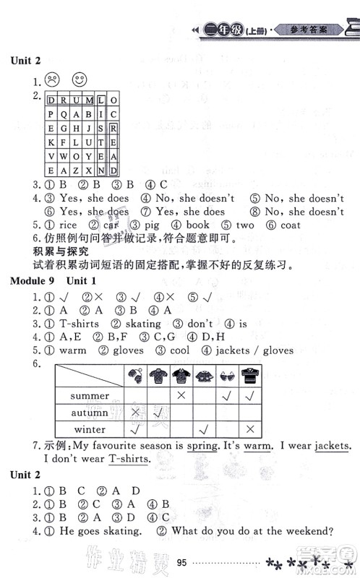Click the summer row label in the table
[x=90, y=396]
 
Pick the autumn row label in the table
[x=90, y=413]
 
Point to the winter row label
[x=90, y=429]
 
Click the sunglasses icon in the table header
[x=226, y=375]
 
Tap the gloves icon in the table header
[x=136, y=375]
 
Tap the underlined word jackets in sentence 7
[x=319, y=446]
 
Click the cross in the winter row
[x=249, y=429]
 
